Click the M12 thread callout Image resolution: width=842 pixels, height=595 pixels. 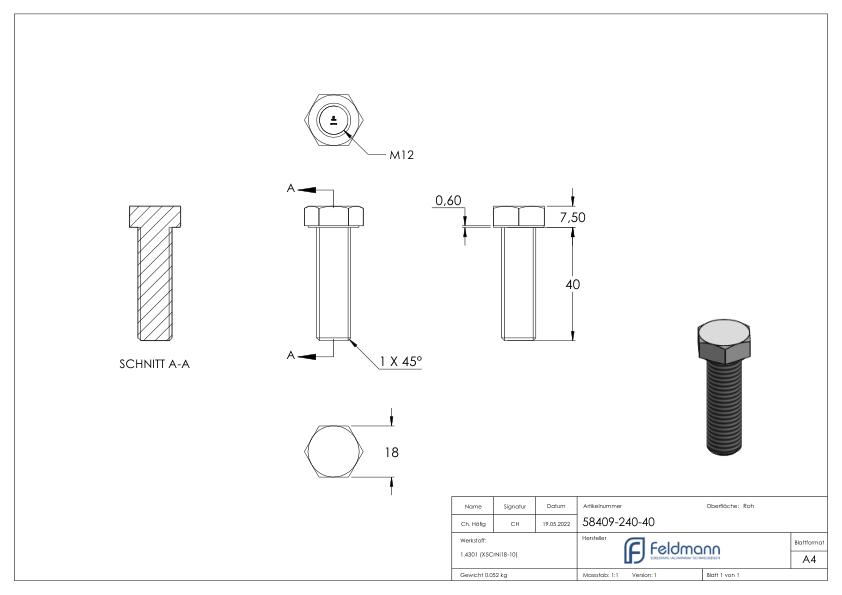pyautogui.click(x=402, y=155)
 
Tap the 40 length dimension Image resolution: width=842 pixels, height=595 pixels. pyautogui.click(x=573, y=284)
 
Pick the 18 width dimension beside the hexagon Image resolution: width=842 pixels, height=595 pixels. pyautogui.click(x=391, y=452)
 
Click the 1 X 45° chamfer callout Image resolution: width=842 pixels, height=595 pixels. pyautogui.click(x=400, y=361)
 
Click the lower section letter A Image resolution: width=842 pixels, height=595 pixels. pyautogui.click(x=292, y=353)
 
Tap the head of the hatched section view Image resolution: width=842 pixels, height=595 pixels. pyautogui.click(x=155, y=216)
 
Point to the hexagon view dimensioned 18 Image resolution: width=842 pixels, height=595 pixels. pyautogui.click(x=332, y=451)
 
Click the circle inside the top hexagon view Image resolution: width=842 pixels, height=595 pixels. pyautogui.click(x=332, y=123)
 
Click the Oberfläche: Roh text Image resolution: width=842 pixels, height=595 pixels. pyautogui.click(x=730, y=506)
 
